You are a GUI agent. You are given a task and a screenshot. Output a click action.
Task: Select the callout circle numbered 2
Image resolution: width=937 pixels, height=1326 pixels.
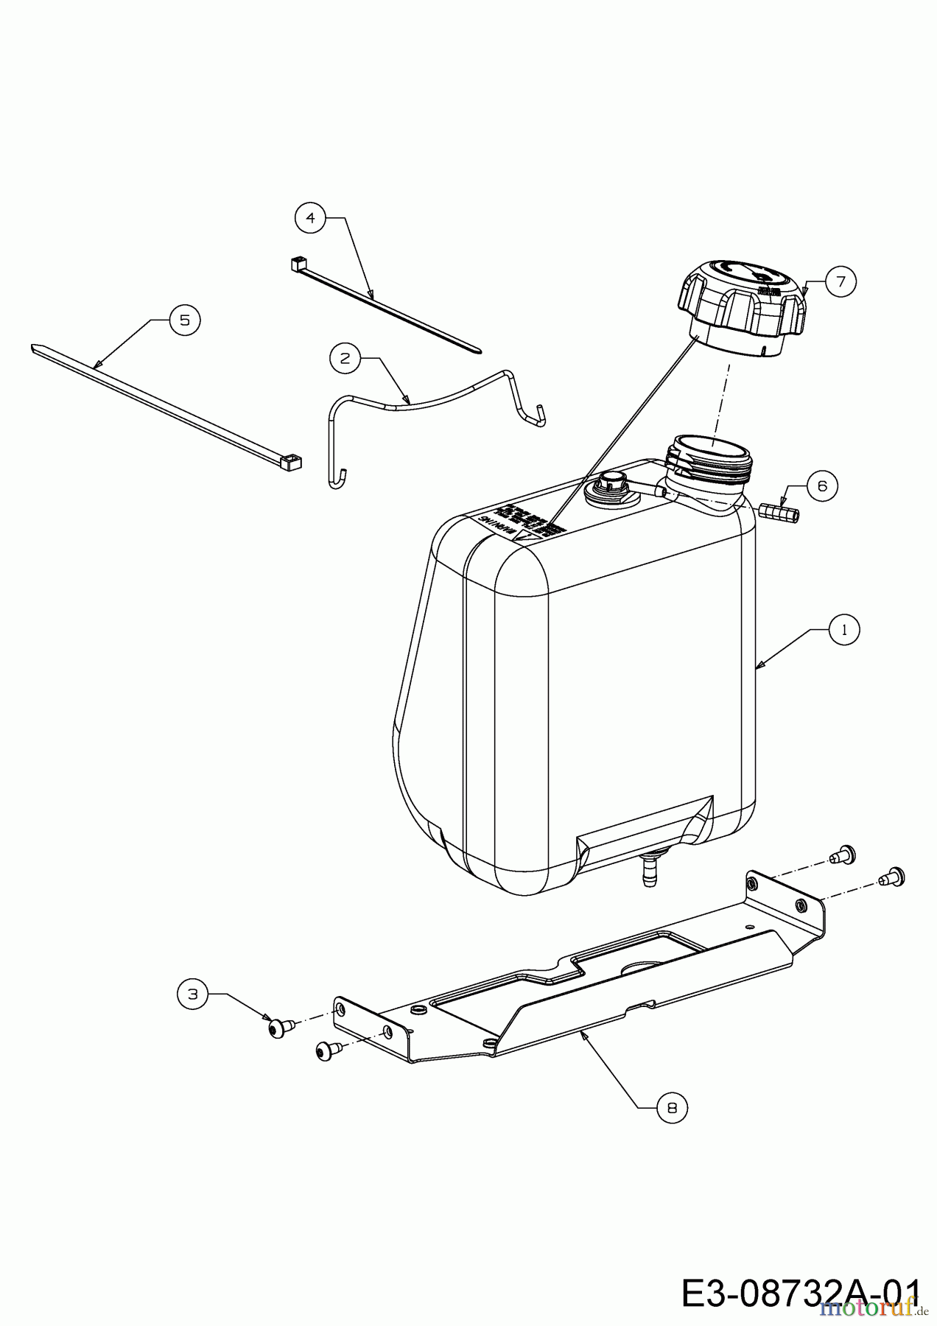(345, 358)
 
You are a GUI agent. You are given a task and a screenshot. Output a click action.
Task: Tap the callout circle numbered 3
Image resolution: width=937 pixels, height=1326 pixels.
(193, 994)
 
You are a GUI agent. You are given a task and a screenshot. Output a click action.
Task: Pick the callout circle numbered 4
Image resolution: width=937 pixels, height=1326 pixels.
(310, 218)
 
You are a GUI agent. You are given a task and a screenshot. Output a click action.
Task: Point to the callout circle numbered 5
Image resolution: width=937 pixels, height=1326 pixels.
(184, 320)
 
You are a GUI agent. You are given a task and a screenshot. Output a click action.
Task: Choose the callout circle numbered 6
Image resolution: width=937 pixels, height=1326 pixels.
(822, 485)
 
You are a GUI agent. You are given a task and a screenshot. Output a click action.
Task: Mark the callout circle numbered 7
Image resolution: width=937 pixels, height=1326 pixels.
(841, 281)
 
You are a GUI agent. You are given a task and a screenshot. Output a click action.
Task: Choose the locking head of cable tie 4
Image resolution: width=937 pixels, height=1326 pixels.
(297, 262)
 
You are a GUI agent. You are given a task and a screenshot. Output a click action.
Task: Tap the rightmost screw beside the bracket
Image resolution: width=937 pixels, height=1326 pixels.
(894, 877)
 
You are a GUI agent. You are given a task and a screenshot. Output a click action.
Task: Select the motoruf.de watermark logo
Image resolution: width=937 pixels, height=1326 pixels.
(870, 1307)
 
